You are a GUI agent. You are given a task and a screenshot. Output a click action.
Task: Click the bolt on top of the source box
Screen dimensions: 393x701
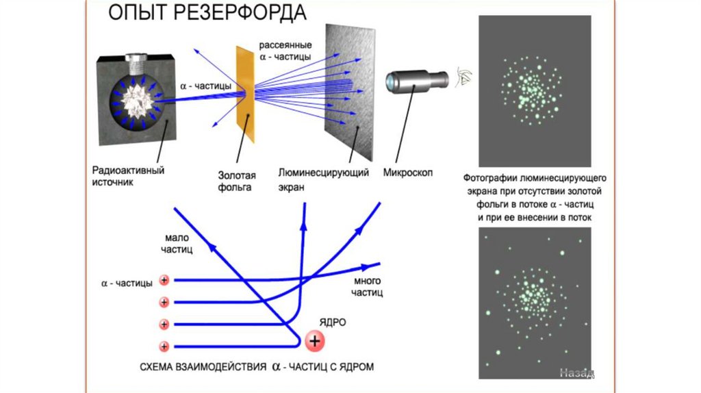[140, 64]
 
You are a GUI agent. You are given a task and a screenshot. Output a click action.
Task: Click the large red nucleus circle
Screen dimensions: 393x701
[315, 340]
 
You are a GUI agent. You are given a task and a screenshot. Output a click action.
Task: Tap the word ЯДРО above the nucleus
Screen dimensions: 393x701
[332, 321]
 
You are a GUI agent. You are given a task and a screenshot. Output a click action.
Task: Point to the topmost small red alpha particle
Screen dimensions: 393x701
[164, 279]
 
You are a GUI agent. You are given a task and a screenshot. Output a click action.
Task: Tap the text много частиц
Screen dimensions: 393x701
[367, 288]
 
